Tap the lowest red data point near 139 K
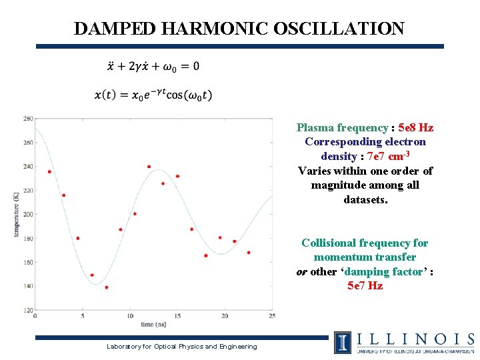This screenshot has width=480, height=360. pyautogui.click(x=106, y=287)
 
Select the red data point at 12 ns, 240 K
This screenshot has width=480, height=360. pyautogui.click(x=149, y=167)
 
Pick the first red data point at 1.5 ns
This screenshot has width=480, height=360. pyautogui.click(x=49, y=172)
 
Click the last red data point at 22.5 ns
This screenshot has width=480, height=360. pyautogui.click(x=249, y=253)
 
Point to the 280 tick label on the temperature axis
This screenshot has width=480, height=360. pyautogui.click(x=28, y=119)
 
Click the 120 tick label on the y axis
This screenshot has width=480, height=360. pyautogui.click(x=28, y=310)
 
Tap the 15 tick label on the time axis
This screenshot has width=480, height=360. pyautogui.click(x=177, y=316)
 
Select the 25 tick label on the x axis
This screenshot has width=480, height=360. pyautogui.click(x=271, y=316)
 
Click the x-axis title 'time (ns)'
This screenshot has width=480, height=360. pyautogui.click(x=153, y=324)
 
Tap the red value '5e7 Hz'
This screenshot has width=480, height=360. pyautogui.click(x=365, y=285)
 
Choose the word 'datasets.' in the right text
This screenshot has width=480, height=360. pyautogui.click(x=365, y=199)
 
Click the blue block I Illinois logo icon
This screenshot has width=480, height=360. pyautogui.click(x=343, y=342)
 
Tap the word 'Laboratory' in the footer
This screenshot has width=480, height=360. pyautogui.click(x=126, y=346)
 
